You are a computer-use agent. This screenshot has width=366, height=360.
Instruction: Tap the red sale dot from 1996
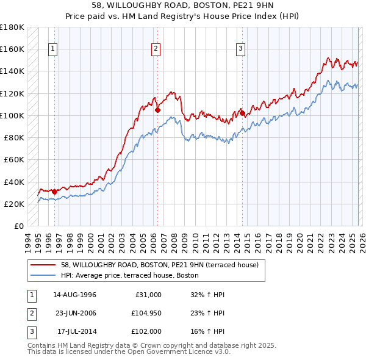[54, 192]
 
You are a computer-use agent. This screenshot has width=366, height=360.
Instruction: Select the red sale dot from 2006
[157, 110]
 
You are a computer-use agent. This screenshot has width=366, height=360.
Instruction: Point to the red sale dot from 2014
[242, 113]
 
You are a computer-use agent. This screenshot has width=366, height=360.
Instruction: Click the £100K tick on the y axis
[12, 115]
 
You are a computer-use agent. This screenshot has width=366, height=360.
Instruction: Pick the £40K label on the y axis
[14, 182]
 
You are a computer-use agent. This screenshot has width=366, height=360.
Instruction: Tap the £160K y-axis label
[12, 49]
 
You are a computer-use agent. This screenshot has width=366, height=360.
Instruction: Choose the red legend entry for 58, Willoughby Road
[160, 265]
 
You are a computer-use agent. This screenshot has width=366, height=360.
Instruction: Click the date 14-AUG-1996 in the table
[74, 295]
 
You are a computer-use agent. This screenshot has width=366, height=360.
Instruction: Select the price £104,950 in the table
[145, 314]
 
